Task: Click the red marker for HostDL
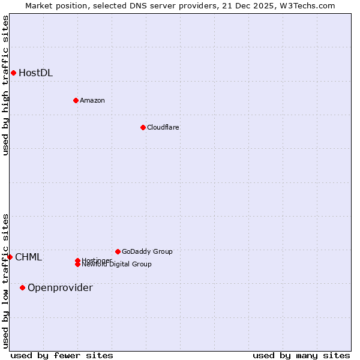tap(13, 73)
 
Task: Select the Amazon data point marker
tap(76, 100)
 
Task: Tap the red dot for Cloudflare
tap(143, 127)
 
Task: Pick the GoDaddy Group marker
tap(118, 251)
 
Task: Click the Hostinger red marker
tap(77, 260)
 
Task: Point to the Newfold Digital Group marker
tap(78, 265)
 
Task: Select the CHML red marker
tap(10, 257)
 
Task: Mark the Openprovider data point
tap(23, 287)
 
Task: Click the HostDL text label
tap(35, 73)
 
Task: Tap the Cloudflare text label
tap(163, 127)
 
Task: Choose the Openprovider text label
tap(60, 288)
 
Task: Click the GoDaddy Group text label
tap(146, 251)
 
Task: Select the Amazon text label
tap(92, 100)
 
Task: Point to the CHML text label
tap(28, 257)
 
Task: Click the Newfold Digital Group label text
tap(116, 265)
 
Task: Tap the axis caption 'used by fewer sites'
tap(62, 355)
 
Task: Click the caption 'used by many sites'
tap(301, 355)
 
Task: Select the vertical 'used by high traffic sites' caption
tap(5, 85)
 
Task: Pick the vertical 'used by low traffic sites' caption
tap(5, 281)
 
